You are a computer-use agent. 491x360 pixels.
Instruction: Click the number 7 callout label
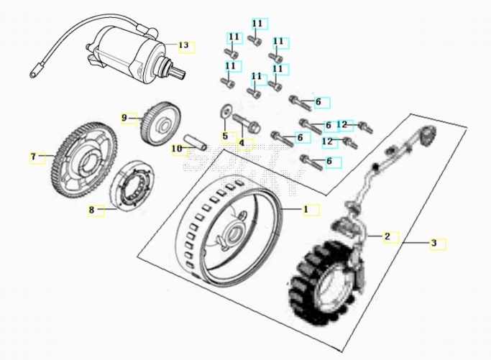click(33, 156)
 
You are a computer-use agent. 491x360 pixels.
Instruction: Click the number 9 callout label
click(124, 117)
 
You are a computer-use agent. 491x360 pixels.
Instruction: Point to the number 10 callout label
click(176, 149)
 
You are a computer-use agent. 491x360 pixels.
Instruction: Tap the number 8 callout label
click(91, 210)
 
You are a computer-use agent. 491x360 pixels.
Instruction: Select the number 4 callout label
click(242, 143)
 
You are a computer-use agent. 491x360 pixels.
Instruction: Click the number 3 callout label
click(434, 244)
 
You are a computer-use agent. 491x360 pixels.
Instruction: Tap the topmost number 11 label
click(257, 24)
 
